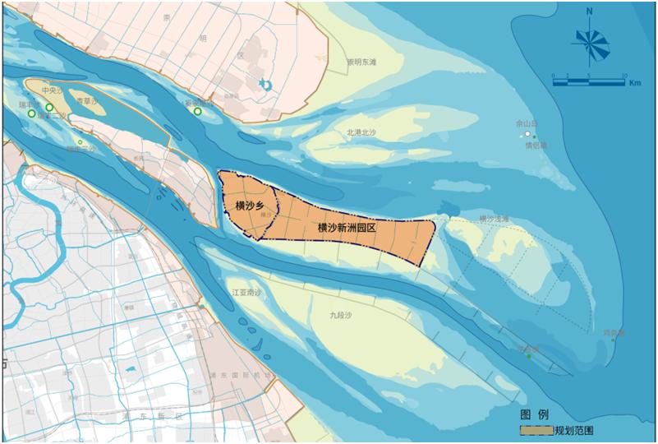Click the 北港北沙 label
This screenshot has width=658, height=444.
pos(361,132)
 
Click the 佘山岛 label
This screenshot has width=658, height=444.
pos(526,123)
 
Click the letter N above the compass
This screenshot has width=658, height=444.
pos(589,12)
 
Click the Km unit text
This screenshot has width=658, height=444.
pos(634,84)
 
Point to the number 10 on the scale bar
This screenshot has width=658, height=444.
pos(624,74)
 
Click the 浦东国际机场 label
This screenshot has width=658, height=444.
pos(239,374)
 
